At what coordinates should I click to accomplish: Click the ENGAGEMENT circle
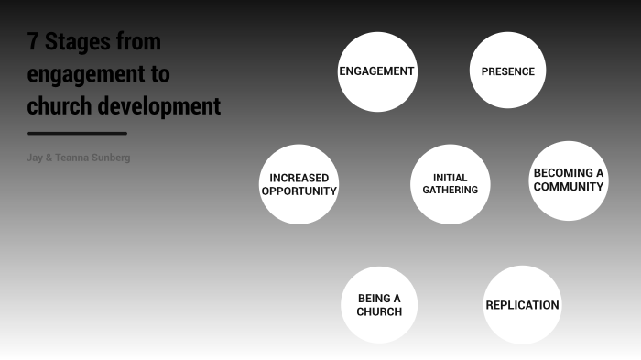click(377, 71)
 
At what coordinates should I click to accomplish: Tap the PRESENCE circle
click(507, 71)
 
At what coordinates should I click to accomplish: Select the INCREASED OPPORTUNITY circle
click(299, 184)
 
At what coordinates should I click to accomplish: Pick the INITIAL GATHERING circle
click(450, 184)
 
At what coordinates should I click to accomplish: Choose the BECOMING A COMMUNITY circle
click(569, 180)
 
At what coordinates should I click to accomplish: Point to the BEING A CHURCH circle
click(379, 305)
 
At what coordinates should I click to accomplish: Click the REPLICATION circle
click(522, 305)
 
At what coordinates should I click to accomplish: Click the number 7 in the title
click(33, 43)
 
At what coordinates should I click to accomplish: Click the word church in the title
click(60, 106)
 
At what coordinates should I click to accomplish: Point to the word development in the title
click(160, 106)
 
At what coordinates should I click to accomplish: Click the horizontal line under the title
click(77, 134)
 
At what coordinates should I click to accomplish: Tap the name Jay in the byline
click(35, 158)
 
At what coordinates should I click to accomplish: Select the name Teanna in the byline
click(71, 158)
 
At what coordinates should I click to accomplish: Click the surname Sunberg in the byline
click(112, 158)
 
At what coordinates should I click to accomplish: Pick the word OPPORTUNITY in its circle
click(299, 191)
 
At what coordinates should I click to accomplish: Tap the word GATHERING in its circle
click(450, 191)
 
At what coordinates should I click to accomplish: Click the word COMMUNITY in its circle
click(569, 187)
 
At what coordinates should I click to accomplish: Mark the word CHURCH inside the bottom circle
click(379, 312)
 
